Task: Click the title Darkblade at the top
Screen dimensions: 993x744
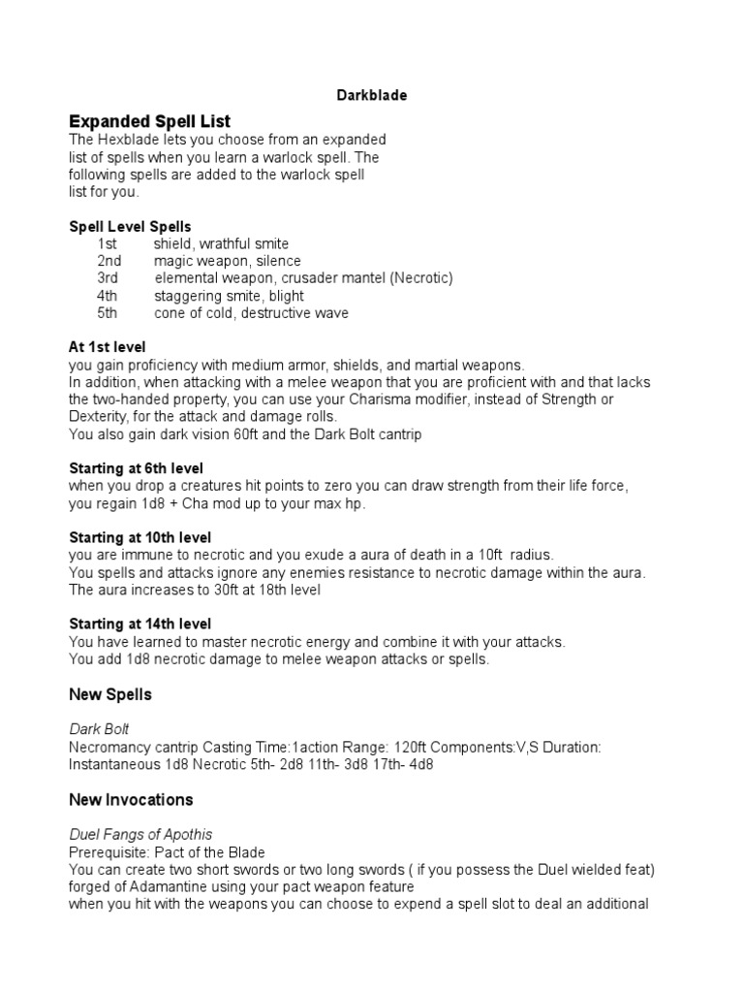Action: coord(371,96)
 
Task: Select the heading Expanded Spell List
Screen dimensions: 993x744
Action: coord(149,121)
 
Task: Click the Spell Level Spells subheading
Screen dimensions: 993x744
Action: coord(130,226)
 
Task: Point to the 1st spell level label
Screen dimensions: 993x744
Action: coord(107,243)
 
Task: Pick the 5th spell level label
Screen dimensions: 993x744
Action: coord(107,313)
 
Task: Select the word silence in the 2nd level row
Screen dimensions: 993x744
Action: coord(279,261)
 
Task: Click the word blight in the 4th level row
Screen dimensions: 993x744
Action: coord(286,296)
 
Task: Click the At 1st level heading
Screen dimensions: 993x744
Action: coord(108,347)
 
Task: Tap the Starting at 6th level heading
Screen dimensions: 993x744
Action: coord(136,468)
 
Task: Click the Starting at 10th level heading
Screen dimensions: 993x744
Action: coord(139,537)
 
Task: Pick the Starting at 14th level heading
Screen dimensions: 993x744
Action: coord(139,624)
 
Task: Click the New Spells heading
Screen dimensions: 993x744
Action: coord(110,695)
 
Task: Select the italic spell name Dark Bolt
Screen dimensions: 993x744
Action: coord(99,729)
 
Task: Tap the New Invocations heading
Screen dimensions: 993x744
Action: coord(131,800)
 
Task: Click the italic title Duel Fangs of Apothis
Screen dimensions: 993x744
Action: coord(140,834)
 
